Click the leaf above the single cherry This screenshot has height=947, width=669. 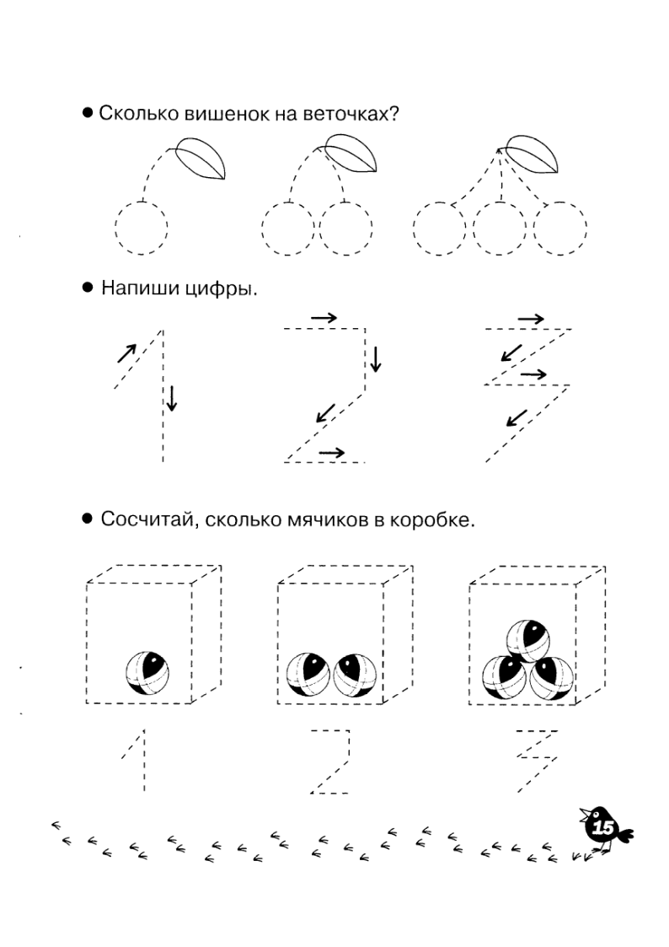(x=201, y=159)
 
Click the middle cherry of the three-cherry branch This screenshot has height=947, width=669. (x=500, y=229)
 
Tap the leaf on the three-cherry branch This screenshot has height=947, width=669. (x=533, y=154)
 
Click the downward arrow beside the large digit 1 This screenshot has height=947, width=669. (x=172, y=399)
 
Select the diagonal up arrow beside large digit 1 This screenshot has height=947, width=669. (x=126, y=352)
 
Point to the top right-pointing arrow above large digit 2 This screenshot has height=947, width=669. (x=324, y=318)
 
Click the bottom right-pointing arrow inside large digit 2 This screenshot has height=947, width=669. (x=332, y=452)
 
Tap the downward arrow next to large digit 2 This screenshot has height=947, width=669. (x=376, y=359)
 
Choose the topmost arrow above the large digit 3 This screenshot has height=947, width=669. (x=531, y=318)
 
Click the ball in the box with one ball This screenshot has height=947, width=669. (x=147, y=674)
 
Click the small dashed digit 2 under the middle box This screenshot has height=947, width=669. (x=330, y=761)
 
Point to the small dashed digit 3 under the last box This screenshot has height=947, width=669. (x=537, y=761)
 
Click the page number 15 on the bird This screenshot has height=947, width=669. (x=603, y=827)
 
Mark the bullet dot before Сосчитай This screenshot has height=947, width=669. (x=88, y=518)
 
